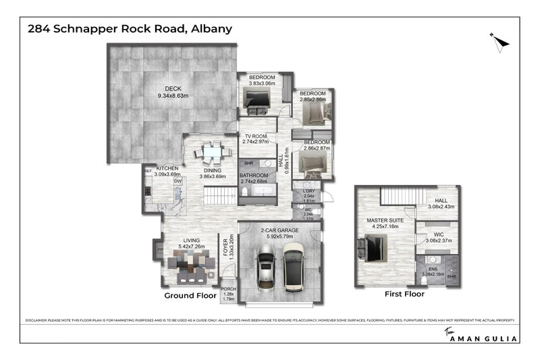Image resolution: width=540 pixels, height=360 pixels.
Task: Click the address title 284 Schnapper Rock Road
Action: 129,29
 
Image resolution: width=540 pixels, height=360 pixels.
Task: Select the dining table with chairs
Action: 212,153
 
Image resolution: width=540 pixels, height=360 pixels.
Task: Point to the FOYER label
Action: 226,248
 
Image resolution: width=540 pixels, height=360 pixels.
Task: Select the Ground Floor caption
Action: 190,296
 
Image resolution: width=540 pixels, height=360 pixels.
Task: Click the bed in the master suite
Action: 372,247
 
